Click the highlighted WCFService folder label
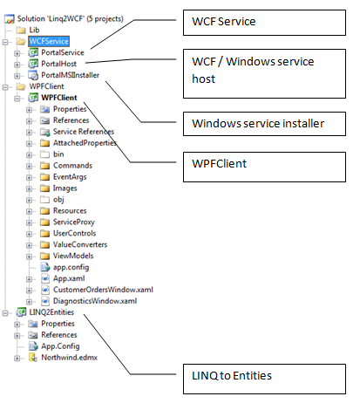(49, 41)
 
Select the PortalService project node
(63, 52)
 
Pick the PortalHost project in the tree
(58, 64)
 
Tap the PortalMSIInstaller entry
(70, 75)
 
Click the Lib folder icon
(21, 30)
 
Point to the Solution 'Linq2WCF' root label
(71, 19)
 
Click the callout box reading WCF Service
(264, 23)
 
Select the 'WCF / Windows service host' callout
(264, 73)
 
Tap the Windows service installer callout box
(264, 124)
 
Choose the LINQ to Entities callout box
(264, 379)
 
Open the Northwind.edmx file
(69, 358)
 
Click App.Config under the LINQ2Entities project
(60, 346)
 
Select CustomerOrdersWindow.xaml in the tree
(103, 290)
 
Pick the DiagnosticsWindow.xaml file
(95, 301)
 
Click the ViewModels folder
(73, 256)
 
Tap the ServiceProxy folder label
(74, 222)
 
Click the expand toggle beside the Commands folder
(29, 166)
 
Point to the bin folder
(58, 154)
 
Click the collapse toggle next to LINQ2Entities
(5, 313)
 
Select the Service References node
(84, 132)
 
